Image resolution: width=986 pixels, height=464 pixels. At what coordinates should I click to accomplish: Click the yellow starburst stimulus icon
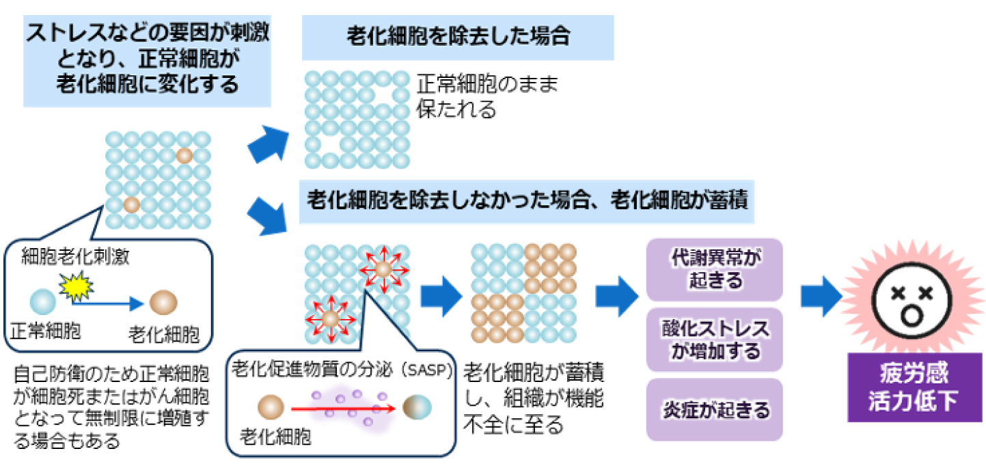click(76, 286)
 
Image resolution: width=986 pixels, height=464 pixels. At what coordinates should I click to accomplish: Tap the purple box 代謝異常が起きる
click(714, 269)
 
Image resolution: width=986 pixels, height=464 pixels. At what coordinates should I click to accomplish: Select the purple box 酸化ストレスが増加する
click(714, 340)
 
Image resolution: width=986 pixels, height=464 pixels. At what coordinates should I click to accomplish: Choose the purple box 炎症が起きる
click(714, 409)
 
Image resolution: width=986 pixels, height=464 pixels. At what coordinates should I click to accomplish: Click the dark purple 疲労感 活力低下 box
click(915, 387)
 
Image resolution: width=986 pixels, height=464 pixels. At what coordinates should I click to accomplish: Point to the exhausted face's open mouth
click(912, 315)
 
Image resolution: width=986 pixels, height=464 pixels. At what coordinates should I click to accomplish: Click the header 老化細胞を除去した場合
click(458, 38)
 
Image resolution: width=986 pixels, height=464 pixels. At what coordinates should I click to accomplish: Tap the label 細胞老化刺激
click(75, 256)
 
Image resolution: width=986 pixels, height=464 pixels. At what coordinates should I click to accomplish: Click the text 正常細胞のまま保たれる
click(487, 96)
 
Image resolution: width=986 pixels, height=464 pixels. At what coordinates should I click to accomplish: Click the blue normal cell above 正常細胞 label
click(42, 301)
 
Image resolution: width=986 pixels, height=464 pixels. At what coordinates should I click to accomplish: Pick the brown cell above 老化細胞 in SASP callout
click(271, 407)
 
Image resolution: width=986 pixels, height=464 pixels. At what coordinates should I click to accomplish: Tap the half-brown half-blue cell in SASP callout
click(417, 407)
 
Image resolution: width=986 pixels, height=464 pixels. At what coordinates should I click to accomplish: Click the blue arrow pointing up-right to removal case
click(268, 144)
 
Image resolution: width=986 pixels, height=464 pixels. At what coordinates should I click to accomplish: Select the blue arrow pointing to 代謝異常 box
click(617, 297)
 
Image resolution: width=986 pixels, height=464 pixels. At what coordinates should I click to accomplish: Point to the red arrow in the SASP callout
click(343, 409)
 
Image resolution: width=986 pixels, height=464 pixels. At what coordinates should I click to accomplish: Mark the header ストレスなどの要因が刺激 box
click(147, 62)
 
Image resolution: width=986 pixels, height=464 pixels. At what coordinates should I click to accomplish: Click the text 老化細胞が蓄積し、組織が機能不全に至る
click(534, 398)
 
